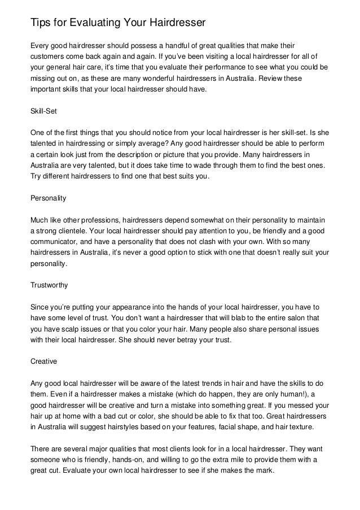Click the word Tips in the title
tap(39, 23)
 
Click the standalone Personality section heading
tap(48, 198)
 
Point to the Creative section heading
tap(43, 360)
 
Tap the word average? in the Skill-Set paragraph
tap(148, 144)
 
